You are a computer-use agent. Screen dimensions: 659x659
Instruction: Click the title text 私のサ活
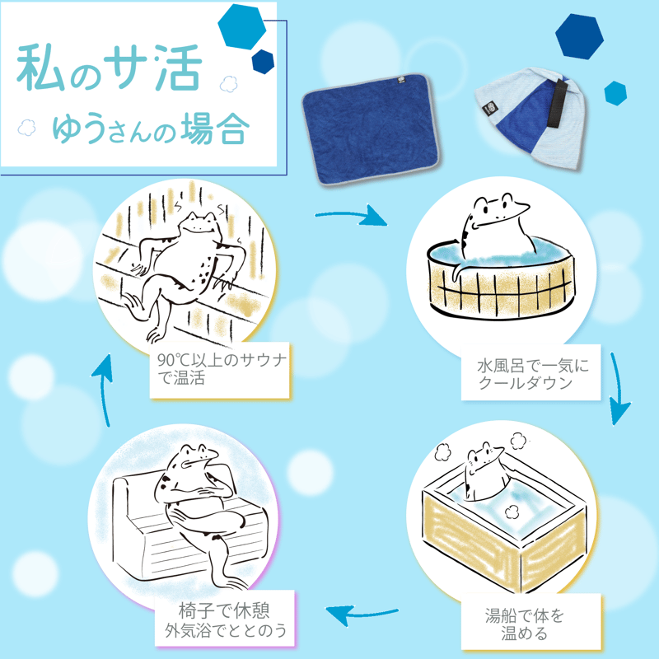click(110, 68)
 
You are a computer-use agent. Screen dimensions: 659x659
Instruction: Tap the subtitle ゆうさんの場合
click(151, 129)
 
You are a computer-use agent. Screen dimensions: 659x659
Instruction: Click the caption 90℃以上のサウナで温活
click(222, 369)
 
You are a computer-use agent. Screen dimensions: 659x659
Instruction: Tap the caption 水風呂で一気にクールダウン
click(532, 374)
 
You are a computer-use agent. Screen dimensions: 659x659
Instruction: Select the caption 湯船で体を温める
click(524, 624)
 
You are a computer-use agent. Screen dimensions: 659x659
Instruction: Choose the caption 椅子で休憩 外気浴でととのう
click(226, 620)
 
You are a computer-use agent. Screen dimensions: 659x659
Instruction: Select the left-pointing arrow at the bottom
click(362, 615)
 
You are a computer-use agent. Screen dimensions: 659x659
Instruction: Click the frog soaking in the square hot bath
click(484, 470)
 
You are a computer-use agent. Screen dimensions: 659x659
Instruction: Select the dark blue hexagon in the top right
click(579, 36)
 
